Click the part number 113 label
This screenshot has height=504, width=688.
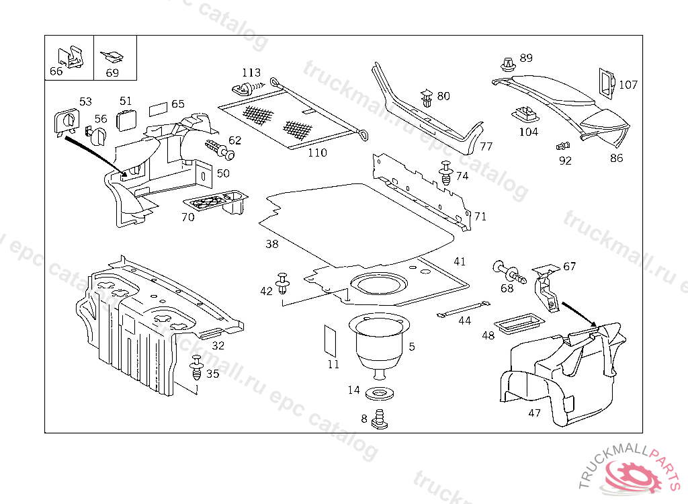(251, 73)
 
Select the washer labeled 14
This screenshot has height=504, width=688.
(380, 392)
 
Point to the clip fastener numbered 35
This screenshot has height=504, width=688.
(197, 368)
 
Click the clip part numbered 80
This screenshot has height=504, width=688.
(427, 98)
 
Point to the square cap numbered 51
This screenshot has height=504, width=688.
(126, 120)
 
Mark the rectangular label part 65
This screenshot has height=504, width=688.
(158, 108)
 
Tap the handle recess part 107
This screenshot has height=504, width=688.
(605, 82)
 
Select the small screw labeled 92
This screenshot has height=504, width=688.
(562, 146)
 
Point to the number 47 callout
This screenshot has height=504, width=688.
(534, 413)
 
